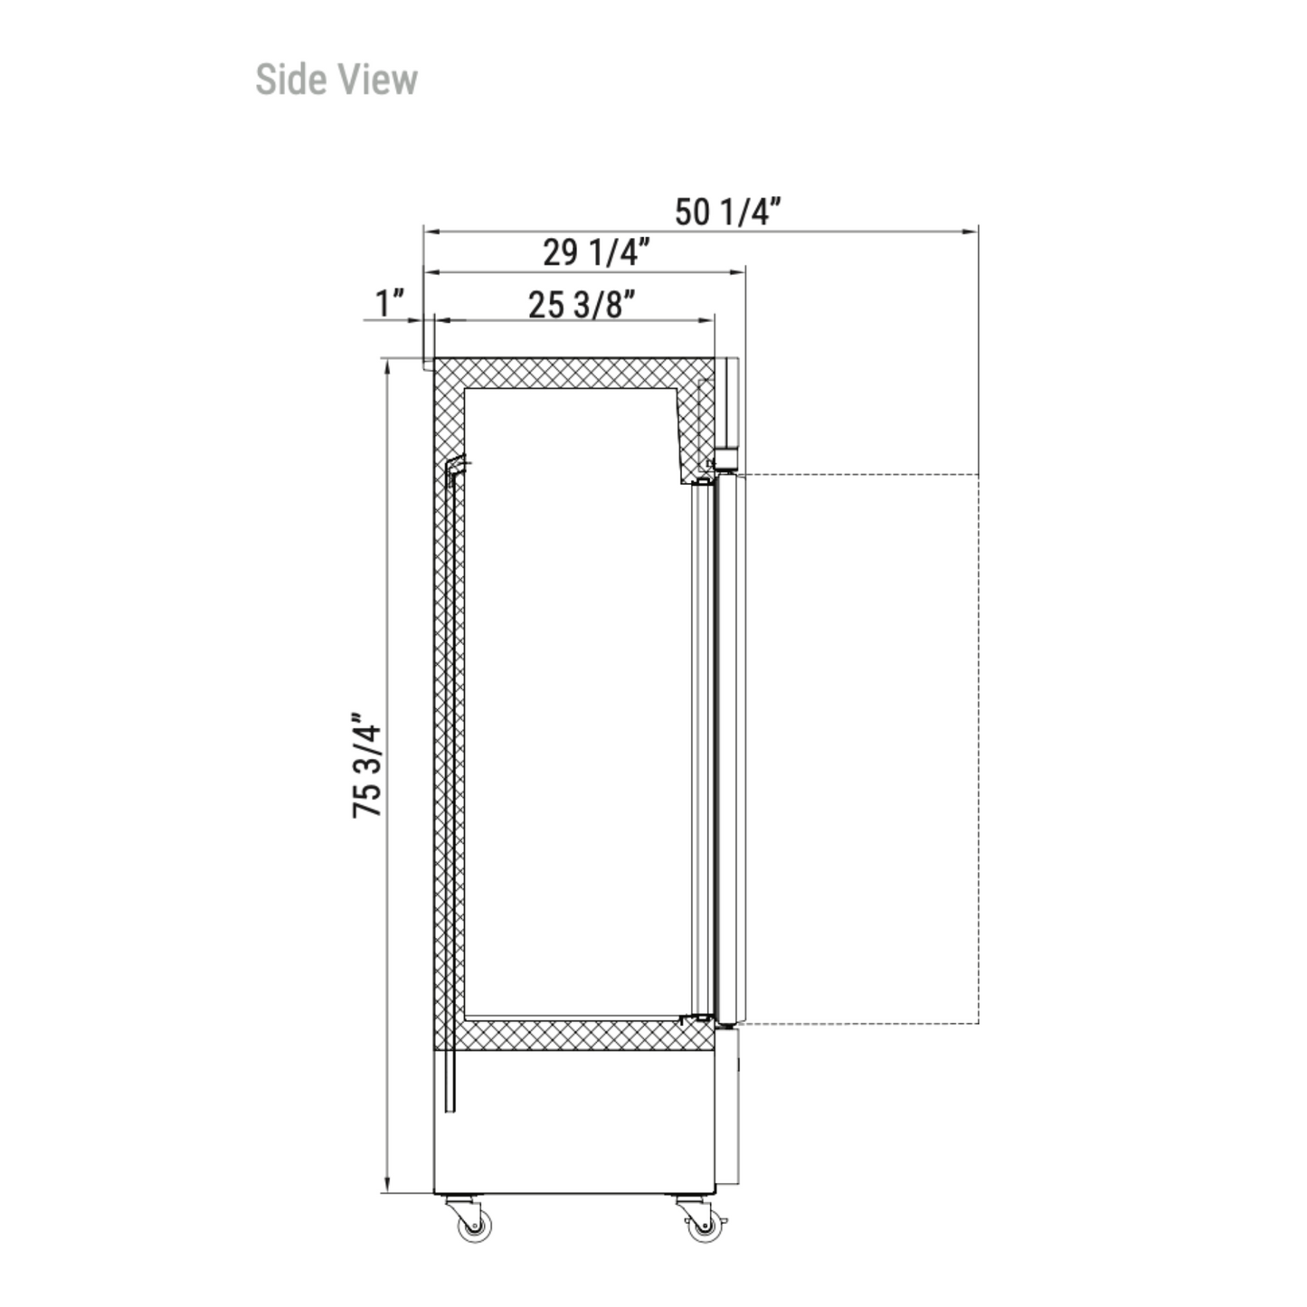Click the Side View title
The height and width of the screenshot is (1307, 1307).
point(336,80)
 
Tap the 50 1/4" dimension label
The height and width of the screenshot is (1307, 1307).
point(727,213)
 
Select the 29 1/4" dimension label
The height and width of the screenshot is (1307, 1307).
point(595,253)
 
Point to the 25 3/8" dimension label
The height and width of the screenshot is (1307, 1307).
point(582,305)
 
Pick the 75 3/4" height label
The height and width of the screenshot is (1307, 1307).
point(367,765)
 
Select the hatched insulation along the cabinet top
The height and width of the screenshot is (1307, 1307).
point(573,373)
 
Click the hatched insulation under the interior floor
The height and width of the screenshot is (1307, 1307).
point(573,1035)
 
